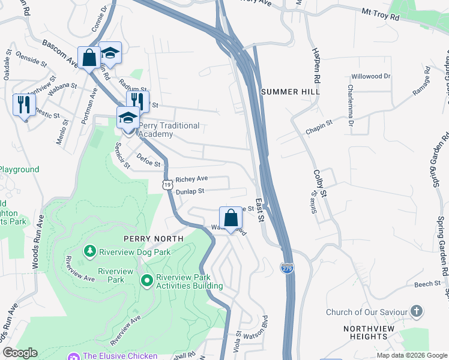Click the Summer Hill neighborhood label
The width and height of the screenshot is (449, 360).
coord(291,92)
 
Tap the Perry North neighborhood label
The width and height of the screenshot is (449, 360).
coord(154,238)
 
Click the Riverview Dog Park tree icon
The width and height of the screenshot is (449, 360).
coord(89,250)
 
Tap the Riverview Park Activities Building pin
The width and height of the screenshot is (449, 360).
coord(146,280)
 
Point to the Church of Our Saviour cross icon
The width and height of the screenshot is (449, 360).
coord(416,311)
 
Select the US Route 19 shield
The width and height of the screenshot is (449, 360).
coord(167,185)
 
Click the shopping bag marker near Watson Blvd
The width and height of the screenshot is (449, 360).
coord(231,218)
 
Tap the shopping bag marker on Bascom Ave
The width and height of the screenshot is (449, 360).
coord(89,58)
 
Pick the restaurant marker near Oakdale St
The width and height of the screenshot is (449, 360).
coord(23,104)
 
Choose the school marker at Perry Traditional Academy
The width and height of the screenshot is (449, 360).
coord(128,118)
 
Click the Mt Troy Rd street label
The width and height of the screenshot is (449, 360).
coord(380,14)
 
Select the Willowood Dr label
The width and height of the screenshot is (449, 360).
coord(370,77)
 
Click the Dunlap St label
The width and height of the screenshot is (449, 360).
coord(190,191)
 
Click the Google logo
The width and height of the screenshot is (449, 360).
coord(20,353)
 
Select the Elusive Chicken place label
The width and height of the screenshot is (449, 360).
coord(120,356)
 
